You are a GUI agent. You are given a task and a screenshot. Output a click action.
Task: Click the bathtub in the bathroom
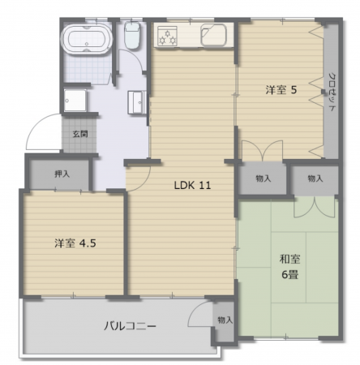pos(87,39)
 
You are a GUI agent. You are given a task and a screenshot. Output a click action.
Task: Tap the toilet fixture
pos(132,36)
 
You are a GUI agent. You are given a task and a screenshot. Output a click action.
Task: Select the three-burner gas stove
pos(167,36)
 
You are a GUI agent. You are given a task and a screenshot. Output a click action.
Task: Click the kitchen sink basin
pos(213,35)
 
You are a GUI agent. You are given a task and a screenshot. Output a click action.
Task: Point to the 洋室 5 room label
pos(281,90)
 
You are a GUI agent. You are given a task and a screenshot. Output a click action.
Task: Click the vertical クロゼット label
pos(332,92)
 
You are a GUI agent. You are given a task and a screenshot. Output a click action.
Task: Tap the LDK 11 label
pos(192,185)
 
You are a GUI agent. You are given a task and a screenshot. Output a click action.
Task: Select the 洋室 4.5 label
pos(75,243)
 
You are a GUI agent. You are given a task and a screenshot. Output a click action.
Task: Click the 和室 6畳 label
pos(289,267)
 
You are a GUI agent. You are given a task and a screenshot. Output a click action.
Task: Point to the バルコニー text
pos(131,326)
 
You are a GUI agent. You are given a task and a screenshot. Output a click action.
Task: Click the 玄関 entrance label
pos(80,134)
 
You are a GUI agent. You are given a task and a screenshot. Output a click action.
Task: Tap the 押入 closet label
pos(62,174)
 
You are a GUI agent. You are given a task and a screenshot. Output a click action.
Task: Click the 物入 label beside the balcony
pos(225,320)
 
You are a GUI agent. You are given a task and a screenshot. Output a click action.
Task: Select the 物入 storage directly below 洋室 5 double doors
pos(264,178)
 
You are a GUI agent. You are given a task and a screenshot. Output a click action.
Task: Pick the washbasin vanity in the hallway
pos(137,102)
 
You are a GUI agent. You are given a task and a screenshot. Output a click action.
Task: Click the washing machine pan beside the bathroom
pos(75,100)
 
